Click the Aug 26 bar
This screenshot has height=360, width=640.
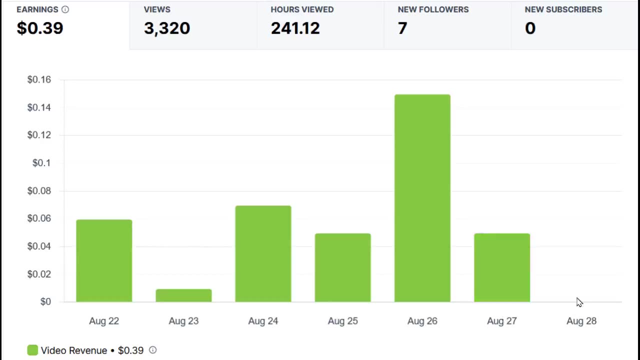pyautogui.click(x=422, y=198)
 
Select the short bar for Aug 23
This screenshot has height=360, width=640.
pyautogui.click(x=183, y=295)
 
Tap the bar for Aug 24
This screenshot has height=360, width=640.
pyautogui.click(x=263, y=253)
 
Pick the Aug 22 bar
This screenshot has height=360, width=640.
pyautogui.click(x=104, y=260)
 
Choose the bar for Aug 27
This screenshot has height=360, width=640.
pyautogui.click(x=501, y=267)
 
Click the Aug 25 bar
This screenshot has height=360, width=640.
pyautogui.click(x=342, y=267)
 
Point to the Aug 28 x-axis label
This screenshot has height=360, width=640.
pyautogui.click(x=581, y=321)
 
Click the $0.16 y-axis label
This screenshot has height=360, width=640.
pyautogui.click(x=39, y=79)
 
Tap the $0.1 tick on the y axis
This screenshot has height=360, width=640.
pyautogui.click(x=41, y=163)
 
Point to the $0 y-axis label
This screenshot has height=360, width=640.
pyautogui.click(x=45, y=301)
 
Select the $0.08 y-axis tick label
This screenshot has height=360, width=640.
pyautogui.click(x=39, y=190)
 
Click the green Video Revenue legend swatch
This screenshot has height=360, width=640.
pyautogui.click(x=32, y=350)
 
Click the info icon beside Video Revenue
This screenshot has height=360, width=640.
pyautogui.click(x=153, y=350)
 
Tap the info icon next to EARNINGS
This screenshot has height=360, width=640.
pyautogui.click(x=65, y=9)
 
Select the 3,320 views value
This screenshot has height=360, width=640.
pyautogui.click(x=167, y=28)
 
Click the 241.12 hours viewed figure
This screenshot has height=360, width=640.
pyautogui.click(x=295, y=28)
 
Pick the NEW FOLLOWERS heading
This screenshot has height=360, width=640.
pyautogui.click(x=433, y=9)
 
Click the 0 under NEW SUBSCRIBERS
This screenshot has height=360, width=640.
pyautogui.click(x=530, y=28)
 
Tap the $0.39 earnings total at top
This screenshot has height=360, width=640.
pyautogui.click(x=40, y=28)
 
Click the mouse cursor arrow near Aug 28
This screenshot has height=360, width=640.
pyautogui.click(x=579, y=302)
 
